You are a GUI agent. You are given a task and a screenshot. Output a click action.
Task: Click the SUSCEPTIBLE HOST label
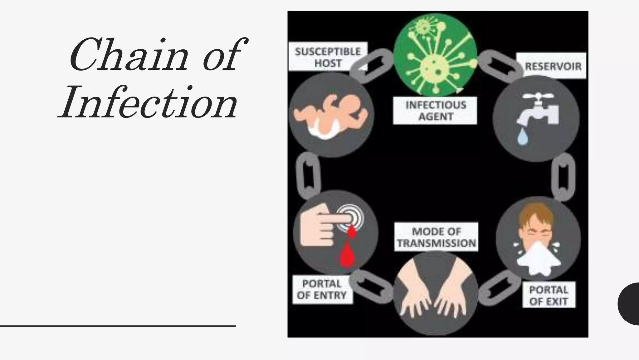pos(328,57)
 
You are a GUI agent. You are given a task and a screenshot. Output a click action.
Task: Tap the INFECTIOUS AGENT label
pos(435,111)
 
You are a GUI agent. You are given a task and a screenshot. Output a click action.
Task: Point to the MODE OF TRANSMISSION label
pos(436,237)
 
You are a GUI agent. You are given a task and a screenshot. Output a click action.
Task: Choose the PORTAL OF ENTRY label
pos(322,289)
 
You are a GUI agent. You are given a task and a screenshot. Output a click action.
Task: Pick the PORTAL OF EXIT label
pos(549,295)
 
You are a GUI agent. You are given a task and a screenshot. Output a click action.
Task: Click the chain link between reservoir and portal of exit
pos(563,177)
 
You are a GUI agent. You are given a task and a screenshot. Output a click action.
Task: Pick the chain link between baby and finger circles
pos(308,175)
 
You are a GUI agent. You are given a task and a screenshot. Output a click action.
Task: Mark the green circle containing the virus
pos(435,55)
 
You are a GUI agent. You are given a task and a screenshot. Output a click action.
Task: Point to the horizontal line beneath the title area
pos(118,326)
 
